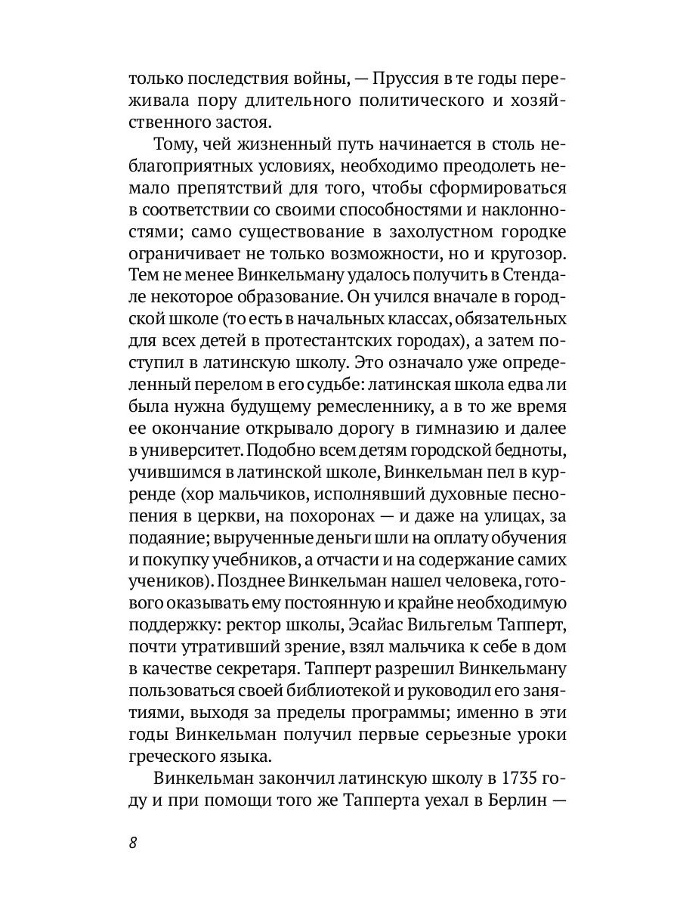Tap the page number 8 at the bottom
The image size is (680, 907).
[x=132, y=844]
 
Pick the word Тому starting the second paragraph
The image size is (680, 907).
[x=175, y=144]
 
